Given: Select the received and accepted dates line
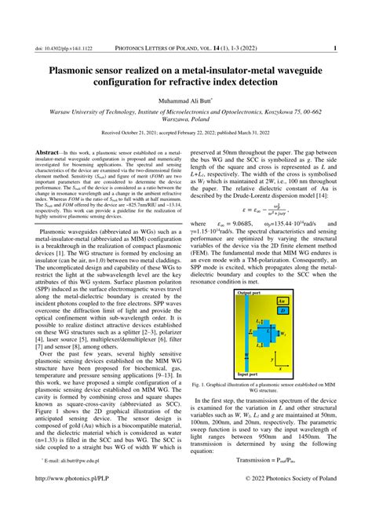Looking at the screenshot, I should click(x=185, y=133).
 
